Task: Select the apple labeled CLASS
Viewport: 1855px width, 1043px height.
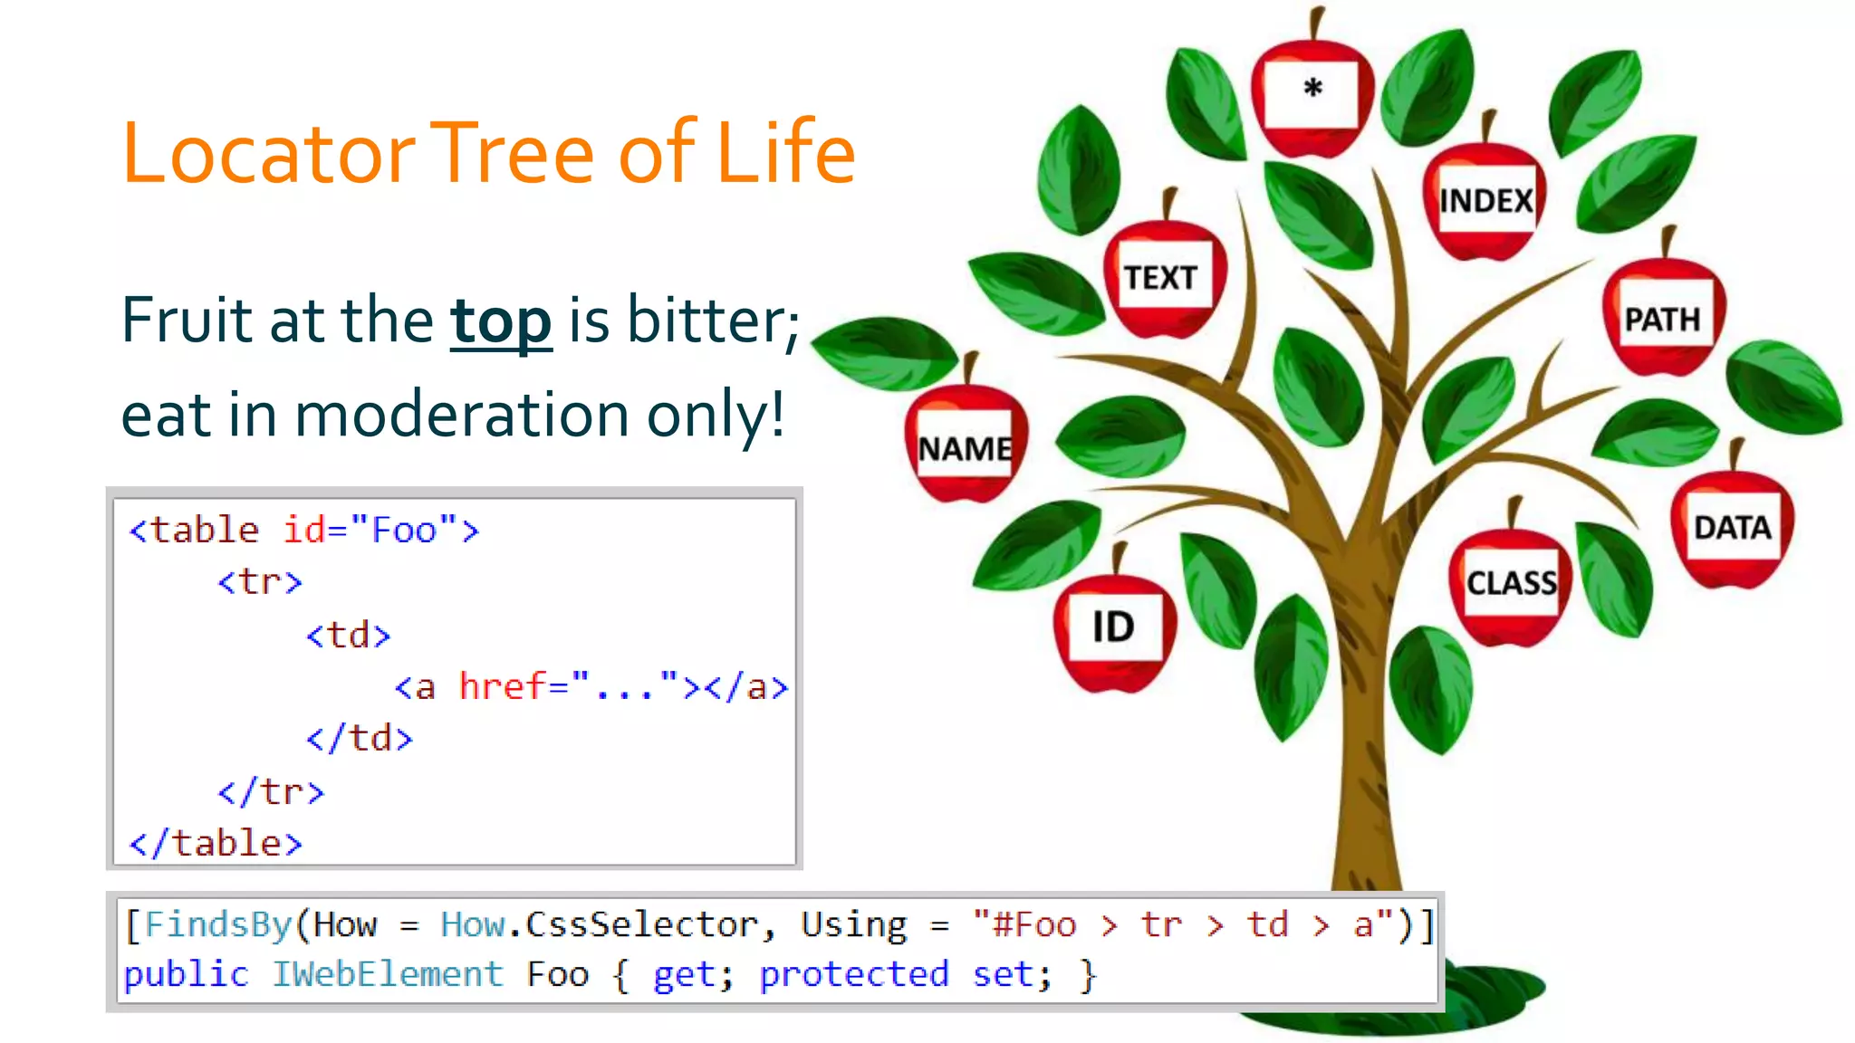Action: point(1511,584)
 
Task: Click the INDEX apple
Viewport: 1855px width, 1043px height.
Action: point(1486,200)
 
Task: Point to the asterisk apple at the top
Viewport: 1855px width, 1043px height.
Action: point(1312,91)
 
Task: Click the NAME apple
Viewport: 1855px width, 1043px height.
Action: point(966,449)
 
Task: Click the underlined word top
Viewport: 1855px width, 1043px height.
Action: point(501,321)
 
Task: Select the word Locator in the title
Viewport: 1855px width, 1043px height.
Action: point(268,154)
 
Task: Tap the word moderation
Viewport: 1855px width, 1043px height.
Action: point(462,415)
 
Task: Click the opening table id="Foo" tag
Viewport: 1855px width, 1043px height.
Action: point(304,531)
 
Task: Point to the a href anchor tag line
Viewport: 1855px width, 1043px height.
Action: point(591,687)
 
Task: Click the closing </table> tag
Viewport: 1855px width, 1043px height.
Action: point(216,844)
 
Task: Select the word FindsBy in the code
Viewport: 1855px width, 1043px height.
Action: point(217,925)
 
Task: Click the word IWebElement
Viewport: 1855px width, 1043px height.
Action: point(388,975)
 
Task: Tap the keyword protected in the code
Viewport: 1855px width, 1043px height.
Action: point(853,975)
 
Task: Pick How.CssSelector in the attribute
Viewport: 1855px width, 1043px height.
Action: point(600,925)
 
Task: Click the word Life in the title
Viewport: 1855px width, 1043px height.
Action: point(784,154)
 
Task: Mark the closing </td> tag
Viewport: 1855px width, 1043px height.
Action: point(360,739)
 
